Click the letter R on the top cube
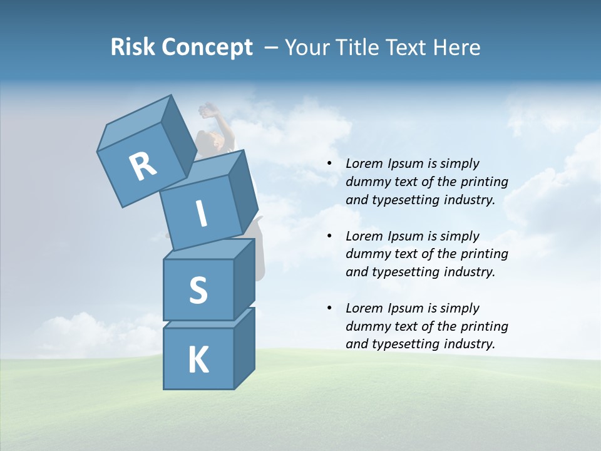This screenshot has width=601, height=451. pyautogui.click(x=142, y=167)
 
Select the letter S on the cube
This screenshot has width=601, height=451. pyautogui.click(x=198, y=290)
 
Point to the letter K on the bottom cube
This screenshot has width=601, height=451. pyautogui.click(x=198, y=360)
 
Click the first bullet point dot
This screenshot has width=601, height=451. pyautogui.click(x=330, y=163)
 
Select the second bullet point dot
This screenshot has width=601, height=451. pyautogui.click(x=330, y=236)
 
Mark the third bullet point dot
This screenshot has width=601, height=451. pyautogui.click(x=330, y=308)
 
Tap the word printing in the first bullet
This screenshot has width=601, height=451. pyautogui.click(x=485, y=182)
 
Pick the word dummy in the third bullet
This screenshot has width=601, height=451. pyautogui.click(x=367, y=326)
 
